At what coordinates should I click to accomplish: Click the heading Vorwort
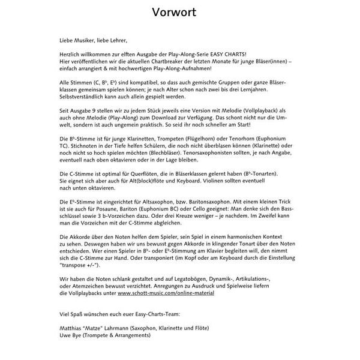coord(180,13)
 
